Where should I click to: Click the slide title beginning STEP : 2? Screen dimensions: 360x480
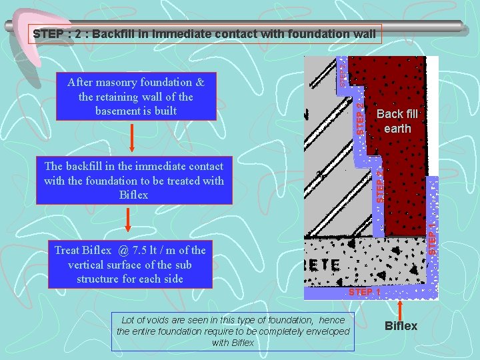coord(205,33)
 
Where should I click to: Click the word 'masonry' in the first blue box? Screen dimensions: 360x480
coord(123,83)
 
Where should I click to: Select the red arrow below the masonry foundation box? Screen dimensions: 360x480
coord(132,138)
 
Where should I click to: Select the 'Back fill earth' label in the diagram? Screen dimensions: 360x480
coord(397,121)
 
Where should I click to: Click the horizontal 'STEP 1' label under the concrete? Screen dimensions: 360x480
coord(364,292)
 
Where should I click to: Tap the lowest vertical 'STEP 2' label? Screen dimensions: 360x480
coord(379,187)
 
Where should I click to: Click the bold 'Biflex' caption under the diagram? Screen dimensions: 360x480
coord(401,326)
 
